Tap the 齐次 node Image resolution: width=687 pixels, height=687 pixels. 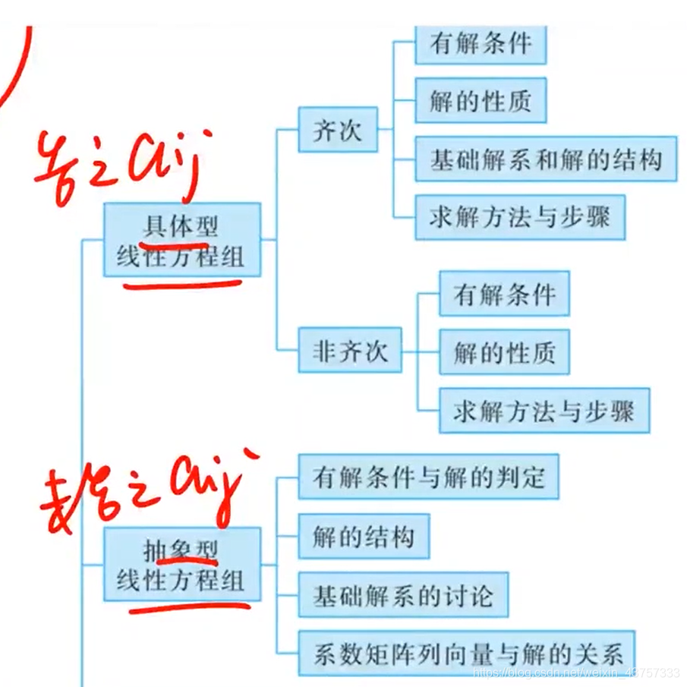point(338,131)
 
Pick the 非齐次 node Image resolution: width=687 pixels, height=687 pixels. point(350,351)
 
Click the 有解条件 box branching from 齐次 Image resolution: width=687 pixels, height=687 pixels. point(481,43)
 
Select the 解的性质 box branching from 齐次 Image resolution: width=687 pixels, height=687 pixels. point(481,100)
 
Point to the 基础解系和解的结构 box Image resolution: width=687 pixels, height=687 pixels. point(546,159)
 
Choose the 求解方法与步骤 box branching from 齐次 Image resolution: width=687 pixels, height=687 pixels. point(520,218)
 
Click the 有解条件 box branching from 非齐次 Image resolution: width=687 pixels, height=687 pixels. point(504,294)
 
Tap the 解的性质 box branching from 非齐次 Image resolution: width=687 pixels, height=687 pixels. point(504,352)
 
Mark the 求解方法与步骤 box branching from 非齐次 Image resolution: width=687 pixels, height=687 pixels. point(544,411)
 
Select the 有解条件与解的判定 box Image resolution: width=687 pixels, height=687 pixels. point(428,477)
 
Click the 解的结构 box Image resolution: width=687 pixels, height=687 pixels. point(364,536)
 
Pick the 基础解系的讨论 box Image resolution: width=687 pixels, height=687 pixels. point(402,595)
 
